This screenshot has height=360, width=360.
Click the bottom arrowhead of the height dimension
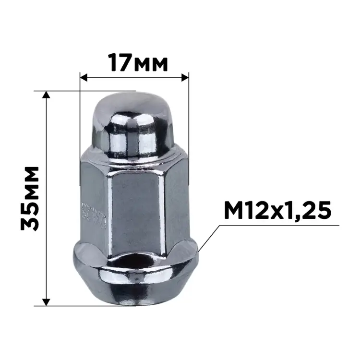point(47,301)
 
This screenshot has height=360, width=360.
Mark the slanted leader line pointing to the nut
point(210,236)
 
